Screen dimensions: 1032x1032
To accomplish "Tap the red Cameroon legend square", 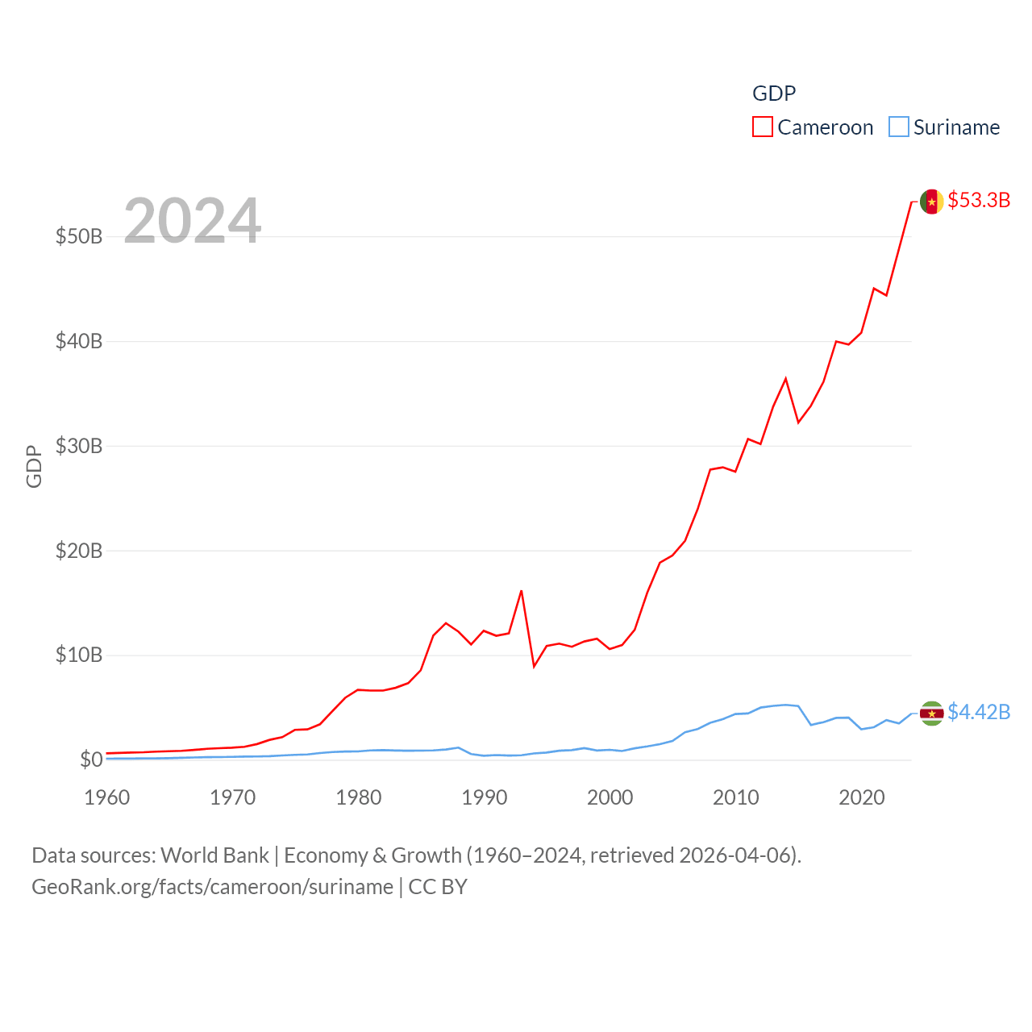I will click(x=762, y=127).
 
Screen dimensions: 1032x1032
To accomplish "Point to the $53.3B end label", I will click(x=979, y=200).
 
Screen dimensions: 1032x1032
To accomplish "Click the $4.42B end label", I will click(x=979, y=712).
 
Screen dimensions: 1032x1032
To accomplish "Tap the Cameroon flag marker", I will click(x=932, y=202).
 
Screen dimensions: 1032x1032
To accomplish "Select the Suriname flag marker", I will click(x=932, y=714).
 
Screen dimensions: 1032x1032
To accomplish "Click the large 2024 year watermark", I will click(x=192, y=220).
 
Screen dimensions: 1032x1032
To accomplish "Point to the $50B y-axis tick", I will click(x=79, y=236).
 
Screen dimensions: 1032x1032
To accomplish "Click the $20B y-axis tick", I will click(x=79, y=551).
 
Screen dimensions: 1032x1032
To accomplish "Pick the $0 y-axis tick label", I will click(x=91, y=759).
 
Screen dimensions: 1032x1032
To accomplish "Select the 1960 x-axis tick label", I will click(x=107, y=797).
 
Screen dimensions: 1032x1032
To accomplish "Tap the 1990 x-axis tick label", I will click(x=485, y=797).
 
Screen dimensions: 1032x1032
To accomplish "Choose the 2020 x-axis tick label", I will click(x=862, y=797).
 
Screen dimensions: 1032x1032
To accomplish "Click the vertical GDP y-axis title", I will click(x=34, y=466).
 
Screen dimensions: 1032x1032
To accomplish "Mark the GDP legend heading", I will click(x=774, y=94).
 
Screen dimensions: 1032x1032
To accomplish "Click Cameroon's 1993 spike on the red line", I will click(x=522, y=591).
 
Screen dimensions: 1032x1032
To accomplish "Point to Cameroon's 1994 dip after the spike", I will click(x=534, y=666).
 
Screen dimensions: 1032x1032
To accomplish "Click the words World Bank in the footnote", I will click(x=214, y=855).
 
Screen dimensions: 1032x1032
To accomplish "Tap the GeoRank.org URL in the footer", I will click(x=212, y=887).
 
